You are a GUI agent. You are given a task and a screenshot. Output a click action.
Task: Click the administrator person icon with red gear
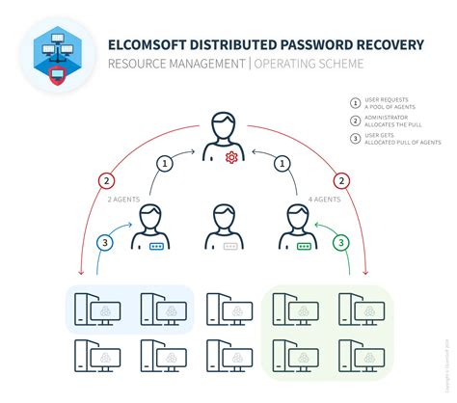tap(228, 139)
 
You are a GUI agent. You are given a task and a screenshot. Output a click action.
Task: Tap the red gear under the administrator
tap(228, 155)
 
